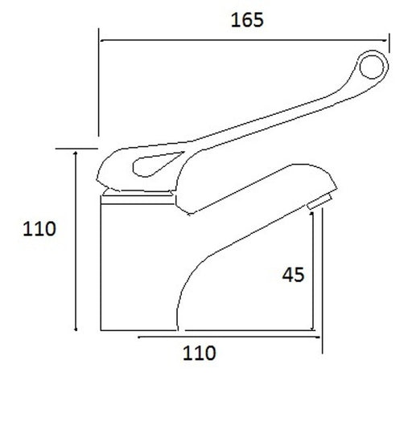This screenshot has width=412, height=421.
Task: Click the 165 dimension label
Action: point(246,20)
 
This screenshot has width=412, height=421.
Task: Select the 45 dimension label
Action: point(294,275)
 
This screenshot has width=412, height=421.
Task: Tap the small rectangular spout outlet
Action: point(319,202)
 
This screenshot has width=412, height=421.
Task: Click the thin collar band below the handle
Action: point(137,193)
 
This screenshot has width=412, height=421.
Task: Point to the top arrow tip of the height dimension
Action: point(76,151)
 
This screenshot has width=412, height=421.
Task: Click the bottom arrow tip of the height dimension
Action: point(76,329)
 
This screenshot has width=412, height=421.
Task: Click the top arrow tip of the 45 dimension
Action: point(315,210)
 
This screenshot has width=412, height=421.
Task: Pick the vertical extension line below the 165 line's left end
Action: point(98,88)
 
